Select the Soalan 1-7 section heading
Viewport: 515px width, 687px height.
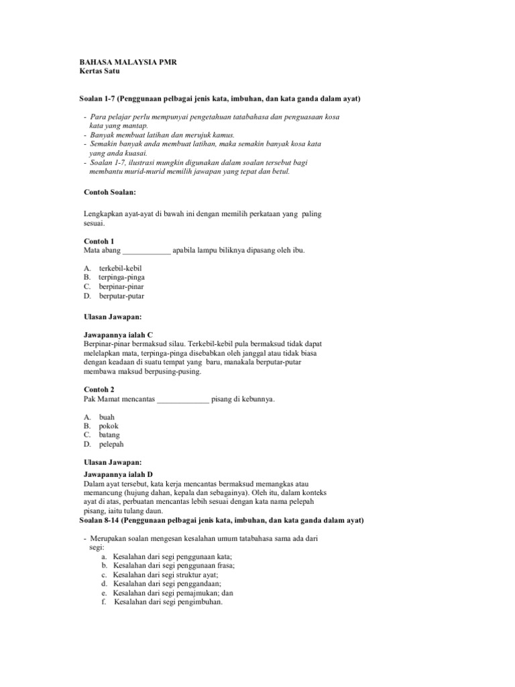220,99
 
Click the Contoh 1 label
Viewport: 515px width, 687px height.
99,241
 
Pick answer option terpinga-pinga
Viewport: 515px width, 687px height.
121,277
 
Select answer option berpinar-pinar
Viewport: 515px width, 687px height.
121,286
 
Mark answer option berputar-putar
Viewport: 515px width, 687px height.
121,296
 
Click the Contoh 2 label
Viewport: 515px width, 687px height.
99,389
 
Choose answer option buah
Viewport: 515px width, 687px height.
107,417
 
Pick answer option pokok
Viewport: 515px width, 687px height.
109,426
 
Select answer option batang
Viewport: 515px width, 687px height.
110,435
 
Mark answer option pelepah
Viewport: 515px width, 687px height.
111,444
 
